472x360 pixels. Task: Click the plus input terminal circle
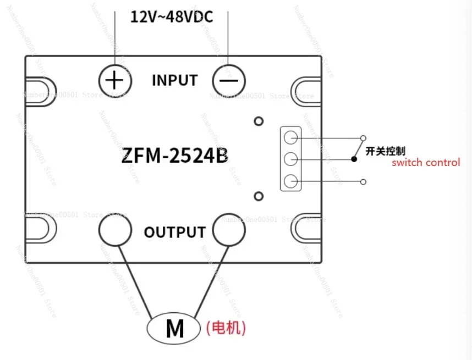point(114,81)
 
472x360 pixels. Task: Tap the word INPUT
point(174,80)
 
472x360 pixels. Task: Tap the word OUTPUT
point(174,232)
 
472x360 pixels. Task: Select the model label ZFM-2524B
point(174,156)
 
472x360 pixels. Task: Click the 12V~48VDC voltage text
point(171,16)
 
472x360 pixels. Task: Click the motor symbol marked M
point(174,329)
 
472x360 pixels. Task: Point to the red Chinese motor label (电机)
point(226,329)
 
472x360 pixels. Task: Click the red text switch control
point(425,163)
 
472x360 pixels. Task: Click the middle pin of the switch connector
point(292,159)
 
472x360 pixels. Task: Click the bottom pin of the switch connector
point(292,181)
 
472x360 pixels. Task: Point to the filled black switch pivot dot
point(354,159)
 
